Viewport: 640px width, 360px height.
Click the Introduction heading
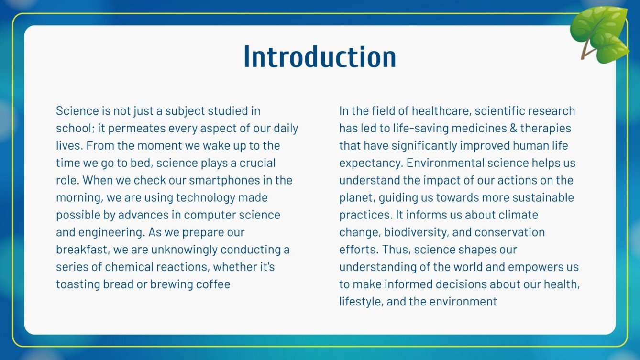click(320, 57)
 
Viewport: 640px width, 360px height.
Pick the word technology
click(206, 197)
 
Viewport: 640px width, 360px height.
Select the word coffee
click(213, 284)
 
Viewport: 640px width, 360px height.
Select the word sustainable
click(542, 197)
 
